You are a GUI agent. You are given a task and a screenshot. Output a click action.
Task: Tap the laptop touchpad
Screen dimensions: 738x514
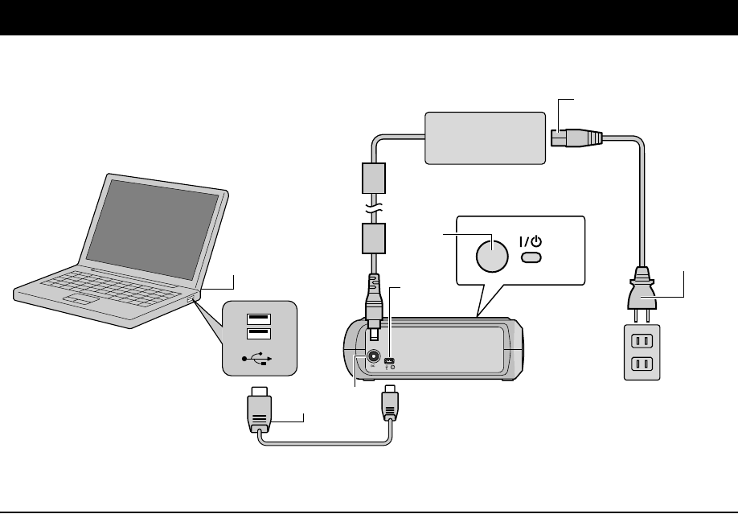pos(81,299)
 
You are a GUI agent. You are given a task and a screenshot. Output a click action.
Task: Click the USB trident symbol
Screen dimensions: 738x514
pos(258,359)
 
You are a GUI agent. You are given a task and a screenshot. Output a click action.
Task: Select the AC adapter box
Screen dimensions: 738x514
pos(484,138)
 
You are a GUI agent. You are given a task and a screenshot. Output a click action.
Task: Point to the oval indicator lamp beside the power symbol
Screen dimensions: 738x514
pos(530,258)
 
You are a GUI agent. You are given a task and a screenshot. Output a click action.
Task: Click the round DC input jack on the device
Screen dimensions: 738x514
pos(374,356)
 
